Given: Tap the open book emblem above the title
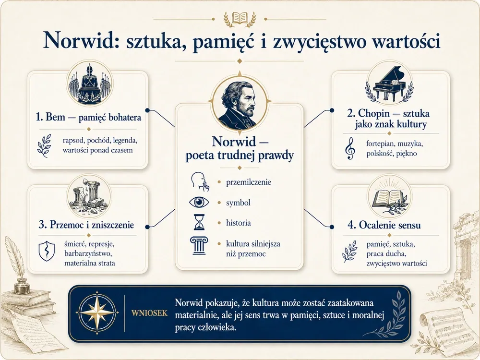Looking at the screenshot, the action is click(240, 18).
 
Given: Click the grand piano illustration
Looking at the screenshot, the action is click(389, 83).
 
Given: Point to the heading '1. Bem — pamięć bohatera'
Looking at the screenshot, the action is click(88, 117).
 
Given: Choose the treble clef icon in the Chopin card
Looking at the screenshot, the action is click(350, 148).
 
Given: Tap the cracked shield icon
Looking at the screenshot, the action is click(47, 251).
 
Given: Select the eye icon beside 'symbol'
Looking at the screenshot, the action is click(199, 203).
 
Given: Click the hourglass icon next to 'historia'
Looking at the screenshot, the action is click(199, 222).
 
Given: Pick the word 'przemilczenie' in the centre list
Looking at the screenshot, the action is click(249, 182).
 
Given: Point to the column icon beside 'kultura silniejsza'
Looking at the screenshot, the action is click(199, 245).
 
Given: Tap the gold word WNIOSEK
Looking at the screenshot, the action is click(149, 313).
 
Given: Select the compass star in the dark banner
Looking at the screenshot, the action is click(97, 312).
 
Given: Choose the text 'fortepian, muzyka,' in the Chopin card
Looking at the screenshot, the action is click(395, 144).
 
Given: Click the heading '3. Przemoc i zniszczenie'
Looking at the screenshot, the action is click(86, 225).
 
